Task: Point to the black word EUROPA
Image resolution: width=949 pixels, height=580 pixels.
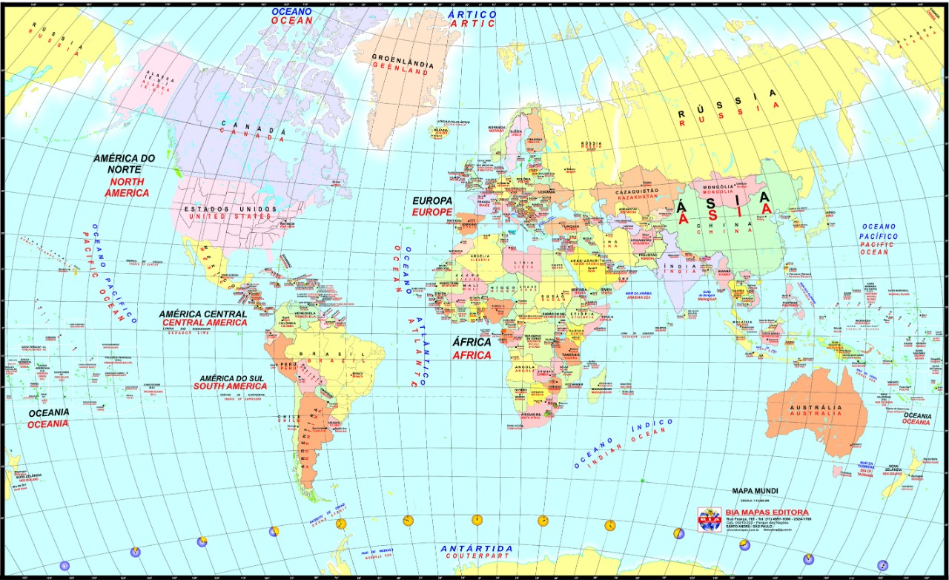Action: coord(432,201)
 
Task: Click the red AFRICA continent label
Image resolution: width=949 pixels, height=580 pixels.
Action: coord(472,355)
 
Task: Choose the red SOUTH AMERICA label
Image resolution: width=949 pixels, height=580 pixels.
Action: coord(230,386)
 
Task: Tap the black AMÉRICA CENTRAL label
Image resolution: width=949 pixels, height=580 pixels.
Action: coord(202,314)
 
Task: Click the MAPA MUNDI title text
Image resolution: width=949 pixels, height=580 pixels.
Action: coord(755,491)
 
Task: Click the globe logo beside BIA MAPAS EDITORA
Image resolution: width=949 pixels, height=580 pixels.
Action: coord(709,520)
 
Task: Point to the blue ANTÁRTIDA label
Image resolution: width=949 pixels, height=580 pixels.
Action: coord(476,549)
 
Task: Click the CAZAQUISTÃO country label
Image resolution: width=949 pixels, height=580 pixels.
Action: coord(636,192)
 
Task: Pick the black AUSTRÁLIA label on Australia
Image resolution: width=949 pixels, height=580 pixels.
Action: coord(815,408)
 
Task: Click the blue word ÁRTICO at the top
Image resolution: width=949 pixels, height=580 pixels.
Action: coord(472,14)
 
